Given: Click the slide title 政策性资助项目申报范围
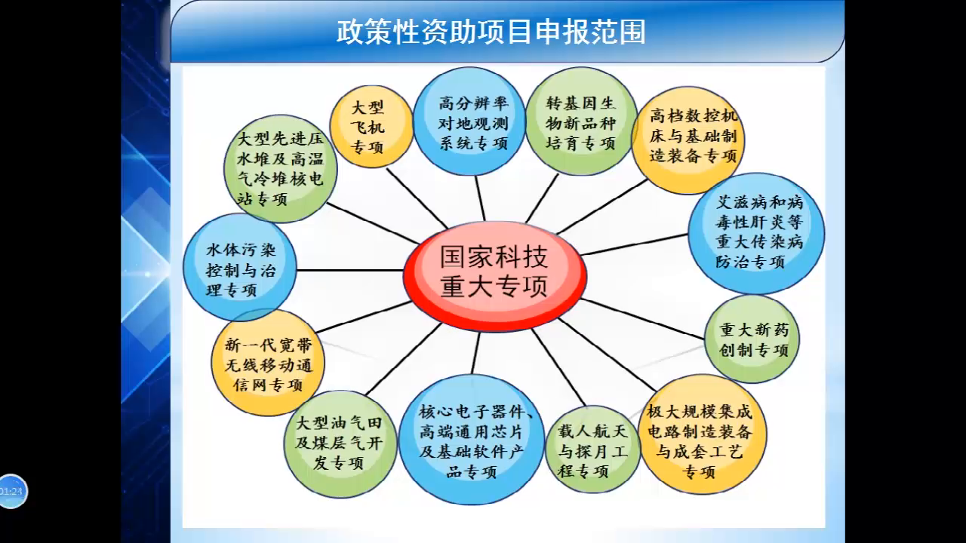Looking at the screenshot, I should pyautogui.click(x=491, y=32).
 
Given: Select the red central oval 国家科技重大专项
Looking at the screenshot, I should pyautogui.click(x=494, y=272).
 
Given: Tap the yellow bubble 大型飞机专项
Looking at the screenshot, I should pyautogui.click(x=371, y=127).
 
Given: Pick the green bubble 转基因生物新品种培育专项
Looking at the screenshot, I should pyautogui.click(x=580, y=122).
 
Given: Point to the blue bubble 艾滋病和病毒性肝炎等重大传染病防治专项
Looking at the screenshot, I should pyautogui.click(x=756, y=232).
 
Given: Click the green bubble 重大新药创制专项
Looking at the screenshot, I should pyautogui.click(x=752, y=339).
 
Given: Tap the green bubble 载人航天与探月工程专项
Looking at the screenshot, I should pyautogui.click(x=592, y=450).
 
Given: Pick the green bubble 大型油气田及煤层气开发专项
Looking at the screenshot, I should pyautogui.click(x=340, y=443).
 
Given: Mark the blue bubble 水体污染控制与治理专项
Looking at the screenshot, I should pyautogui.click(x=240, y=268).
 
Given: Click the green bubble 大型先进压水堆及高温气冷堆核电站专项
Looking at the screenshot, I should pyautogui.click(x=279, y=169).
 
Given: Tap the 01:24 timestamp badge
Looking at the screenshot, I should pyautogui.click(x=12, y=492).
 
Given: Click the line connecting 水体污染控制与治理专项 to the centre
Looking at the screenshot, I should pyautogui.click(x=350, y=270).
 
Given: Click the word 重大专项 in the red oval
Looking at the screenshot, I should pyautogui.click(x=494, y=287).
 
